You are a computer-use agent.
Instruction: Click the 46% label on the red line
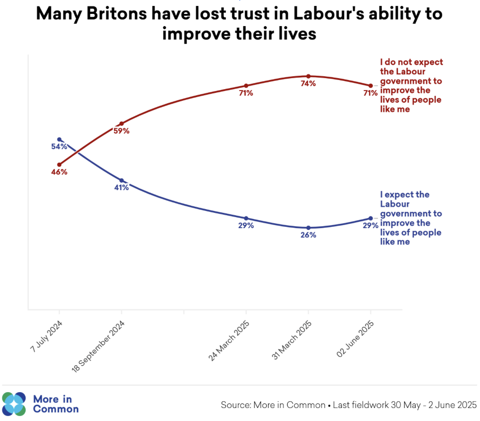pyautogui.click(x=59, y=172)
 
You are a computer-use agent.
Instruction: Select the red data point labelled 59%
pyautogui.click(x=122, y=124)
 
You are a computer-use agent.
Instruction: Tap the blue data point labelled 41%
pyautogui.click(x=122, y=180)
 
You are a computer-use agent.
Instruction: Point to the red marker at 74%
pyautogui.click(x=308, y=76)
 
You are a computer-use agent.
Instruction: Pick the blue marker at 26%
pyautogui.click(x=308, y=228)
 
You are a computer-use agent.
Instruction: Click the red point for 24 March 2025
pyautogui.click(x=246, y=86)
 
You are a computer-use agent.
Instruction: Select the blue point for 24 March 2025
pyautogui.click(x=246, y=218)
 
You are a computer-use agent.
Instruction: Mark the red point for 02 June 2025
pyautogui.click(x=370, y=86)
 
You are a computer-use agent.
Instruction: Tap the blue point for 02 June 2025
pyautogui.click(x=370, y=218)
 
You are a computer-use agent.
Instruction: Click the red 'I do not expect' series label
pyautogui.click(x=411, y=86)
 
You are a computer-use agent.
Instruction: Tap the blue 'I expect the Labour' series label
pyautogui.click(x=411, y=218)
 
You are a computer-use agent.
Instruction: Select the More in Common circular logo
pyautogui.click(x=14, y=404)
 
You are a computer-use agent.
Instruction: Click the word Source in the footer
pyautogui.click(x=236, y=405)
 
